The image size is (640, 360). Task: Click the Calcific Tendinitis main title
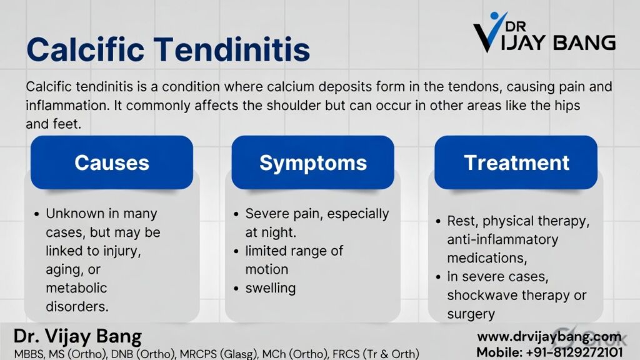[x=168, y=49]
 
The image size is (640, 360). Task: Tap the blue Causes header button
[x=112, y=162]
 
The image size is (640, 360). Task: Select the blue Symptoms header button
[x=313, y=162]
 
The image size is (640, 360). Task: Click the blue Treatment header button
[x=516, y=162]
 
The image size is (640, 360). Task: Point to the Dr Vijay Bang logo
[x=544, y=34]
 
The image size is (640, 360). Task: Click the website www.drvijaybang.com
[x=549, y=337]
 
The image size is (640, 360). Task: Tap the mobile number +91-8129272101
[x=549, y=352]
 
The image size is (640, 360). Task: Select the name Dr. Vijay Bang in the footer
[x=77, y=337]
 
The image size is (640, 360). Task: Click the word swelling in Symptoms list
[x=270, y=288]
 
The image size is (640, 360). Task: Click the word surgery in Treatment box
[x=471, y=314]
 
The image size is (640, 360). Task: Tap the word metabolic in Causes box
[x=76, y=288]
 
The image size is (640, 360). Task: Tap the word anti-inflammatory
[x=502, y=239]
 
